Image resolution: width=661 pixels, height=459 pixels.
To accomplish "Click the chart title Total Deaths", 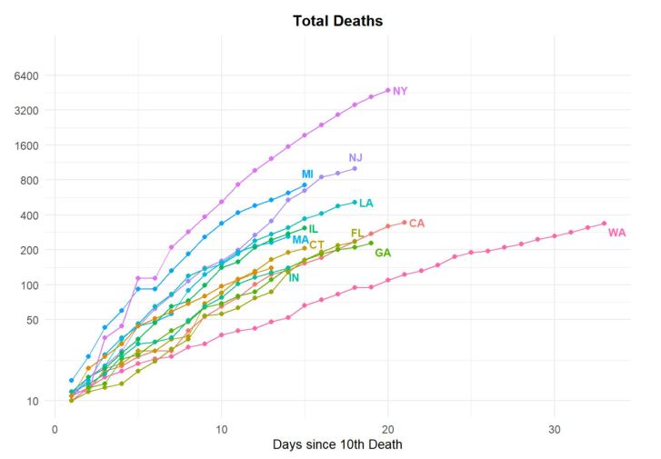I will tap(337, 20).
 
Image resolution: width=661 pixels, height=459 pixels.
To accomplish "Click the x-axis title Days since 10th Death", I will tap(337, 444).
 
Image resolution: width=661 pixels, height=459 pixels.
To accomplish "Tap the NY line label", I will tap(400, 91).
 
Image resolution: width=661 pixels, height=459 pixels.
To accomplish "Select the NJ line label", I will tap(356, 157).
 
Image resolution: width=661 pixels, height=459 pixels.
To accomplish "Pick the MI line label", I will tap(307, 174).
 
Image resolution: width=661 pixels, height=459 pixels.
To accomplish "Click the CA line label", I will tap(416, 223).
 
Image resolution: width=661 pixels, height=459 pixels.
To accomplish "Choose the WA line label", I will tap(616, 233).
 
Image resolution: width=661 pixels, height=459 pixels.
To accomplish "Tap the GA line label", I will tap(383, 253).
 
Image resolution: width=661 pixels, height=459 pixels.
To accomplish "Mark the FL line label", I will tap(357, 234).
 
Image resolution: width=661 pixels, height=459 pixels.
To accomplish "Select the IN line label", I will tap(294, 277).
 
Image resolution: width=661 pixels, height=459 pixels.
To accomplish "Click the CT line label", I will tap(316, 244).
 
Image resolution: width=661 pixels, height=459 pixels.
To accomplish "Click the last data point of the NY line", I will tap(388, 90).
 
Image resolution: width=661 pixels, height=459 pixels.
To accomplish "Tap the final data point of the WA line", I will tap(604, 223).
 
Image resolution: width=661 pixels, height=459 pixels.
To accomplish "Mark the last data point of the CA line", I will tap(405, 222).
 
